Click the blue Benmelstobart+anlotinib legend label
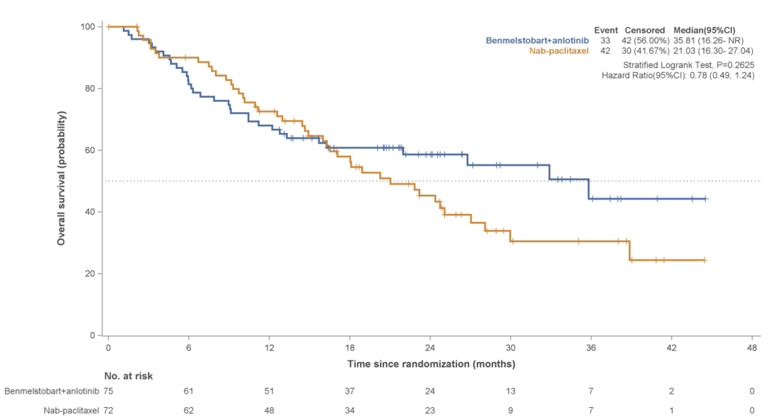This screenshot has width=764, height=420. tap(537, 40)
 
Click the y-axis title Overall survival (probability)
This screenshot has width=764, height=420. tap(62, 178)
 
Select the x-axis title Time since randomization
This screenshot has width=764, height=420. tap(431, 364)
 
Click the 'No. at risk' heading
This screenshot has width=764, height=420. tap(128, 376)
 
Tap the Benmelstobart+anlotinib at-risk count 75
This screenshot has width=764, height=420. tap(108, 391)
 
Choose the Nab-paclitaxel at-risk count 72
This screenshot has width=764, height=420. tap(108, 410)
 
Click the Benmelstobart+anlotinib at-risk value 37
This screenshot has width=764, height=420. tap(349, 391)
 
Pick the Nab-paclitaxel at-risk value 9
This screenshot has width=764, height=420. tap(510, 410)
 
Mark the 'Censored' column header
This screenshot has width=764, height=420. tap(644, 30)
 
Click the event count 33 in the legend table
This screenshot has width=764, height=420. tap(606, 40)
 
